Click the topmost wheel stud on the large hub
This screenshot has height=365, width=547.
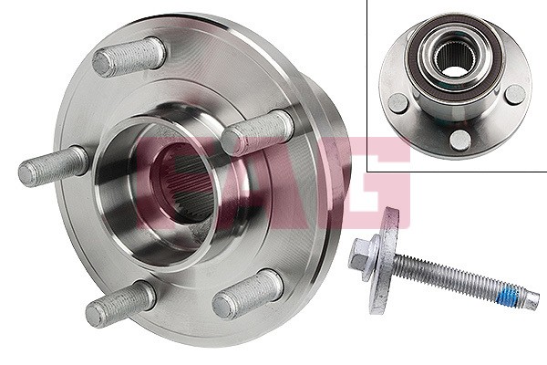pyautogui.click(x=129, y=57)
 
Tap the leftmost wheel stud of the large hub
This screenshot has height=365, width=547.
pyautogui.click(x=53, y=166)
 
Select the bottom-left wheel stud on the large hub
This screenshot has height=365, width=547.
pyautogui.click(x=120, y=303)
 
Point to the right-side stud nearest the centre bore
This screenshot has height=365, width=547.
pyautogui.click(x=257, y=132)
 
